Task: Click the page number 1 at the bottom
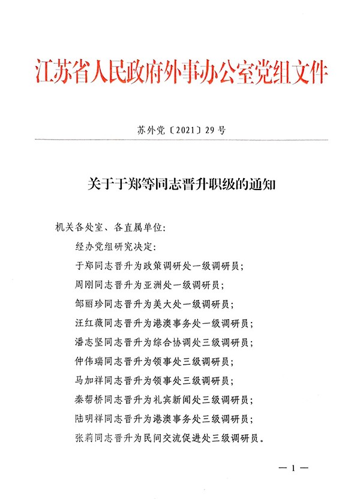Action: pos(293,467)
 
